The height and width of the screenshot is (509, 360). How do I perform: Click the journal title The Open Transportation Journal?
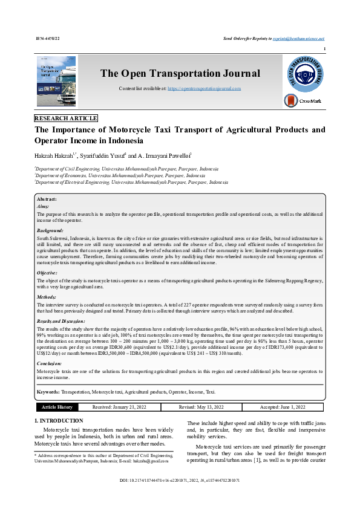point(180,74)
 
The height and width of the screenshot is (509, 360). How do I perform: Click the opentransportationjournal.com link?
point(204,88)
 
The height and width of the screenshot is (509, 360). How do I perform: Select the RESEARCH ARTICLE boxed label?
point(66,118)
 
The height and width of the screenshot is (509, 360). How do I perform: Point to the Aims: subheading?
point(43,206)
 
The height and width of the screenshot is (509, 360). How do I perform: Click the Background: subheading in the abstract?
point(50,231)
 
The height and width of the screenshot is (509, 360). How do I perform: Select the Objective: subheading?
point(48,273)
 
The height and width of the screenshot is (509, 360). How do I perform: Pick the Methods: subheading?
point(47,297)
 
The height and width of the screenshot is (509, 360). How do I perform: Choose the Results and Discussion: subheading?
point(61,321)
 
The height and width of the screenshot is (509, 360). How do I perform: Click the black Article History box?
point(57,407)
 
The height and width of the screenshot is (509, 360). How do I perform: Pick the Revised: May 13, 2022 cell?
point(200,407)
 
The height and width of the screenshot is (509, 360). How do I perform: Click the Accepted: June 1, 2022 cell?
point(283,407)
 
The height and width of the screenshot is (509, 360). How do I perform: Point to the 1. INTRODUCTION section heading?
point(59,420)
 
